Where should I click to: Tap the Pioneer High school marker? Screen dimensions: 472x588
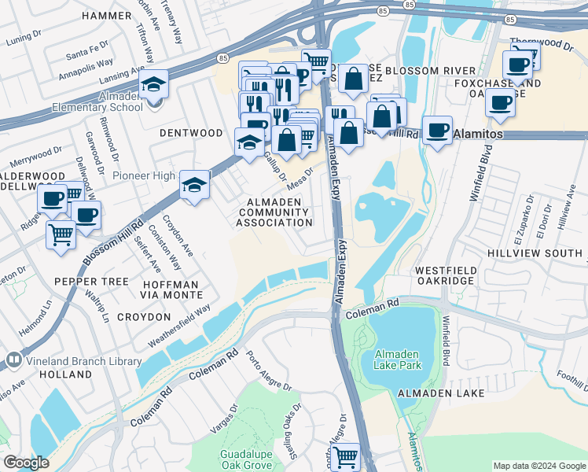coord(194,185)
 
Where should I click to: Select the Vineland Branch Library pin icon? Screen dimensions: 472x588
coord(13,361)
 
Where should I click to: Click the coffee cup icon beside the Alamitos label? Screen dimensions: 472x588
coord(437,130)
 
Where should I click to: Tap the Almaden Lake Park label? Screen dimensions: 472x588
coord(398,360)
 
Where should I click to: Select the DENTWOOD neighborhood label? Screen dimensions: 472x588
coord(191,133)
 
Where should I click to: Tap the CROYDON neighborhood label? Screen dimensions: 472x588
coord(143,317)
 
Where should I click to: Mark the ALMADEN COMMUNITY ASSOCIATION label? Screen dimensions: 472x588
coord(275,212)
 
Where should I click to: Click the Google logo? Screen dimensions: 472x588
coord(27,462)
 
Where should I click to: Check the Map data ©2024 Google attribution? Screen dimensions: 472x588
coord(538,466)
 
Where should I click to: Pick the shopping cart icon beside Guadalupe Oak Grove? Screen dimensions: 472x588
coord(345,456)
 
